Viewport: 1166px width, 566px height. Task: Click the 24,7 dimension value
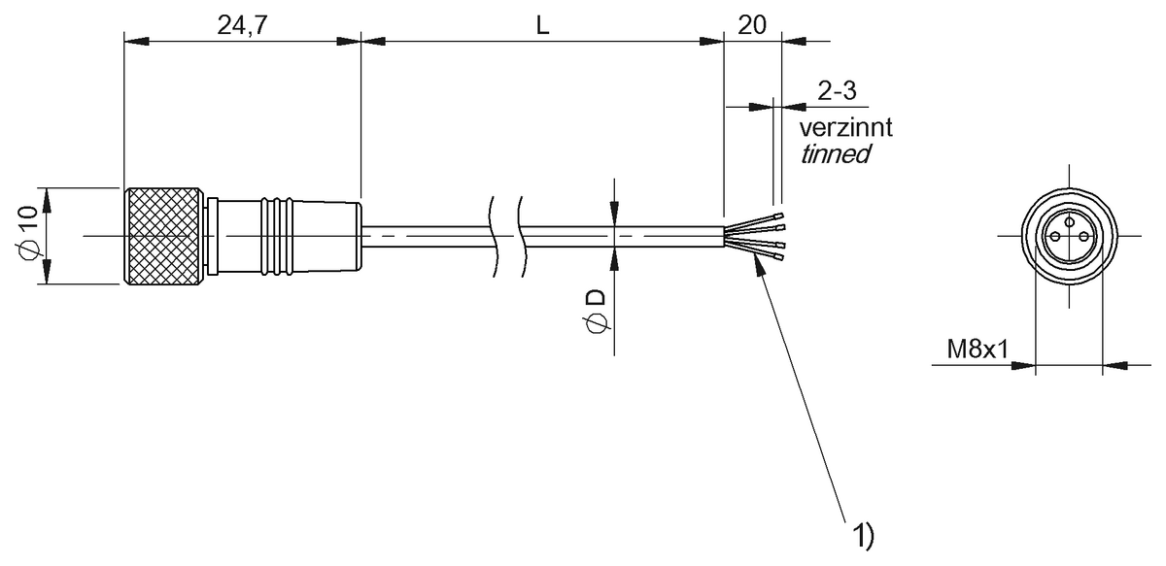click(242, 26)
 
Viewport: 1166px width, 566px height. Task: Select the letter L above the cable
click(543, 26)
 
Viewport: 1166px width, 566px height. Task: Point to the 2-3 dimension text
click(837, 91)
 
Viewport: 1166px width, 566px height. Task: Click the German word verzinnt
click(845, 127)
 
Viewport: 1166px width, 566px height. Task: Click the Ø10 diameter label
click(28, 235)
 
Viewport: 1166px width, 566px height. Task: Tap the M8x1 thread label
click(977, 348)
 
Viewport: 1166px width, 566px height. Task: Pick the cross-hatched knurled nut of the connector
click(164, 236)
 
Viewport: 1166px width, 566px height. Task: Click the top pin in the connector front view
click(1069, 222)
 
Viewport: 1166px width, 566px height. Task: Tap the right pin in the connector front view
click(1081, 236)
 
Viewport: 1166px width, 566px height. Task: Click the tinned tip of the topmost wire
click(777, 215)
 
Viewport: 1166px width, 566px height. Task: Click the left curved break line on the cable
click(493, 236)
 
